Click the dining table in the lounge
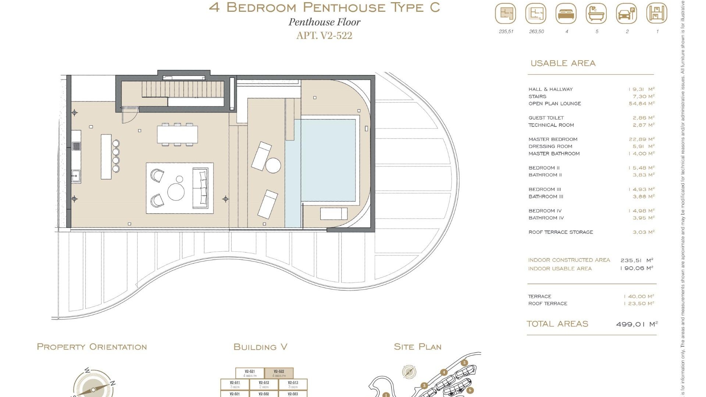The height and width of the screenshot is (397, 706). pos(177,135)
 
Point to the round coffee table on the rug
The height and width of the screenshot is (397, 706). pos(176,192)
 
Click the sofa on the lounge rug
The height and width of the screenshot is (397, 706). pos(200,188)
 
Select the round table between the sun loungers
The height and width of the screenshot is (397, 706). pos(273,165)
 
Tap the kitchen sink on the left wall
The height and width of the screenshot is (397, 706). pos(76,176)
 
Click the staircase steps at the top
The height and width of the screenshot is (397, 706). pos(183,89)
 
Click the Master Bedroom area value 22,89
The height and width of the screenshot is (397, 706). pos(642,139)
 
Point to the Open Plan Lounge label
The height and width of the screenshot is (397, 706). pos(555,104)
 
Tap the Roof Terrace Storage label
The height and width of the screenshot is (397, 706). pos(560,232)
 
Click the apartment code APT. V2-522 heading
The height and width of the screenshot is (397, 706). pos(324,36)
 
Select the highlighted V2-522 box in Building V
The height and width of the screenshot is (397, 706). pos(279,373)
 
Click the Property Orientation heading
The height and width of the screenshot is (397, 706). pos(92,347)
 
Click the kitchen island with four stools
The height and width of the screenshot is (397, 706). pos(106,157)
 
